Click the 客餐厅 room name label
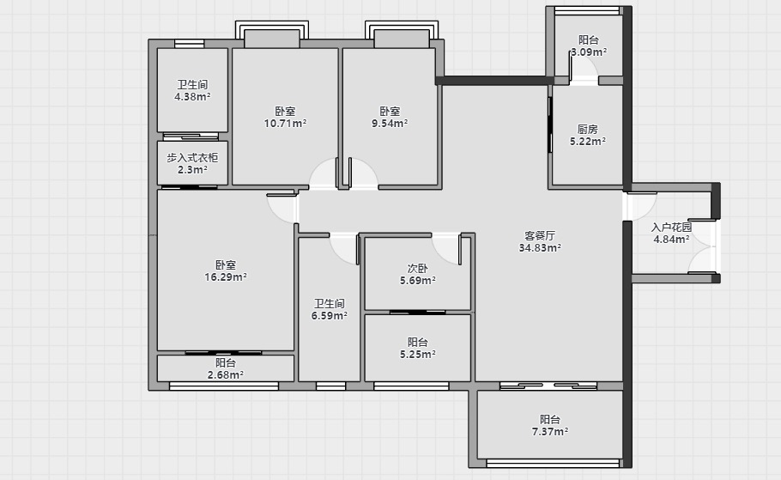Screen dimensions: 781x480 [x=540, y=235]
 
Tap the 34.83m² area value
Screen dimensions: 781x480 [x=540, y=247]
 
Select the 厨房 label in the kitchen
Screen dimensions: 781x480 [x=588, y=129]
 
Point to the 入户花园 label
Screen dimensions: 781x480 [x=671, y=228]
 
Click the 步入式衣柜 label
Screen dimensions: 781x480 [x=192, y=157]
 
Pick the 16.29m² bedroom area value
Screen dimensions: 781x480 [x=226, y=277]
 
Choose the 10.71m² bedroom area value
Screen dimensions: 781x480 [x=285, y=123]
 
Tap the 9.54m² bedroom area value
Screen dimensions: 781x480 [x=390, y=123]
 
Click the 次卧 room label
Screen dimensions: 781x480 [x=417, y=268]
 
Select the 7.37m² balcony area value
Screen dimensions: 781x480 [x=550, y=432]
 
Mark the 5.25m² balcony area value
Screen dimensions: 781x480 [x=417, y=355]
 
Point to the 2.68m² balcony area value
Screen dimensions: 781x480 [x=226, y=375]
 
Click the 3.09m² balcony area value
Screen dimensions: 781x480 [x=589, y=52]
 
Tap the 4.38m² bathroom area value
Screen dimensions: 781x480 [x=192, y=97]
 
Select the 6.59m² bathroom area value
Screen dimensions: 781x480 [x=330, y=315]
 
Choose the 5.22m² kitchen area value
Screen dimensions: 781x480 [x=588, y=141]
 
